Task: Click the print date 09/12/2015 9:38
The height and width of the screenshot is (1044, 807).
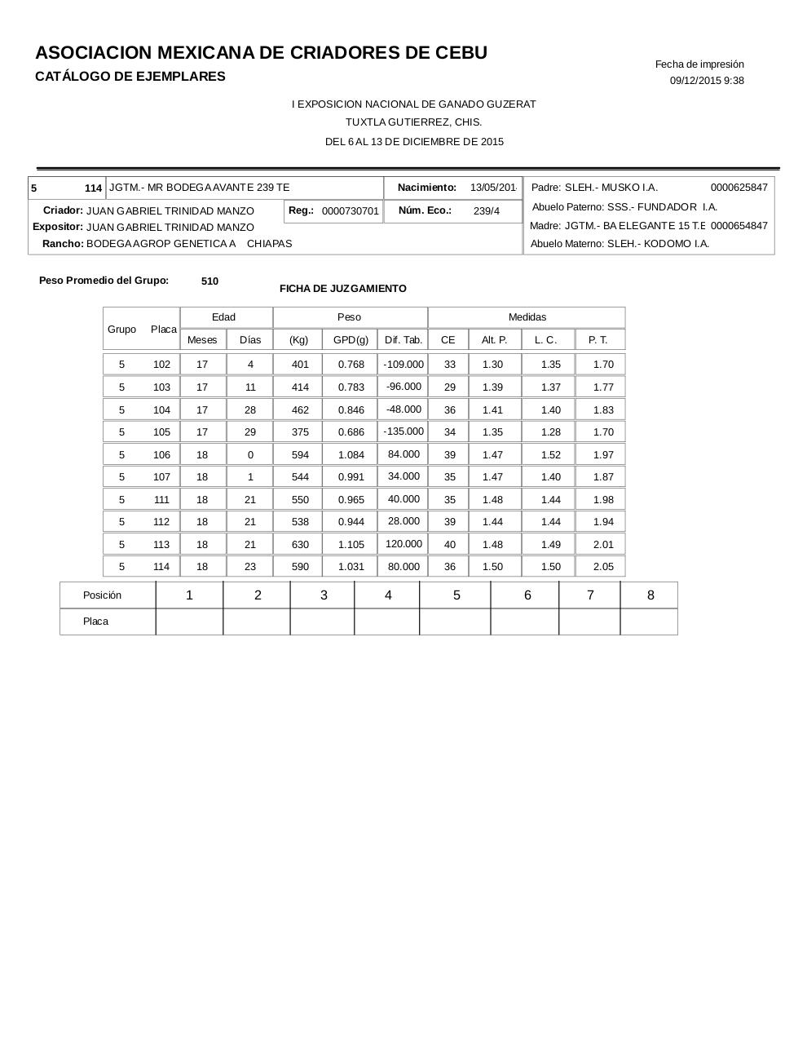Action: point(707,81)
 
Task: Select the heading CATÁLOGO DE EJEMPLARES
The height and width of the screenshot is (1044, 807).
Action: point(130,77)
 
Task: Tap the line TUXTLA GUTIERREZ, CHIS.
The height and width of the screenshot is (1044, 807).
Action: point(414,122)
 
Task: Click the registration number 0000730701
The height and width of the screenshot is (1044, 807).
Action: point(351,211)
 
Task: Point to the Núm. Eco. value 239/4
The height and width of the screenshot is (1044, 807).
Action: point(487,211)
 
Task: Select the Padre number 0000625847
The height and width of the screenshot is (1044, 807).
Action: point(739,188)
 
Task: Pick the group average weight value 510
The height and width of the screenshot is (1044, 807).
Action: point(209,281)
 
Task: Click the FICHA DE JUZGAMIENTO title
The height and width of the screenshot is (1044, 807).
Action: point(342,289)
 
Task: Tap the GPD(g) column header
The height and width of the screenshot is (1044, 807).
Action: point(351,340)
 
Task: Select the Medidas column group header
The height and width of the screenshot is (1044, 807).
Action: point(527,317)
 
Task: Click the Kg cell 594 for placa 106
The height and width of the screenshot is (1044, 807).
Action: point(300,455)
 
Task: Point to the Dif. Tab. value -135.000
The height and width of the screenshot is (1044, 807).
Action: point(403,431)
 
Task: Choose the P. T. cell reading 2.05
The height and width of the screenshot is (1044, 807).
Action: point(603,567)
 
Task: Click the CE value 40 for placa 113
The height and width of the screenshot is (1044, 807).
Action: point(449,545)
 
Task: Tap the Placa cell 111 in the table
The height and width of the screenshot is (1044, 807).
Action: point(161,500)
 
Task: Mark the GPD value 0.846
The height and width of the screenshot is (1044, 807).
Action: point(351,410)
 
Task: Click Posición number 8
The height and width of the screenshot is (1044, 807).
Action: point(650,595)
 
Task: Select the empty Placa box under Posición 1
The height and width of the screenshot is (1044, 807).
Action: point(189,622)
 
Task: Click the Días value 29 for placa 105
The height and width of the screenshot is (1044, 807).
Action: point(250,432)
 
